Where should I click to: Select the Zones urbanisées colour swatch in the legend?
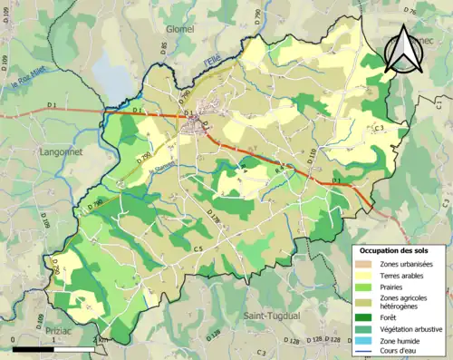pos(364,264)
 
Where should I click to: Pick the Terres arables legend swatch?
pos(364,276)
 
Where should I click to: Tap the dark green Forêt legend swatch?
pos(364,316)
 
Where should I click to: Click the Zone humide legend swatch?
pos(364,340)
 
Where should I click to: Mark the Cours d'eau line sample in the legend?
pos(364,351)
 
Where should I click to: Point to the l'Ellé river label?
pos(212,58)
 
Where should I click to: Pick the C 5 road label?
pos(198,248)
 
